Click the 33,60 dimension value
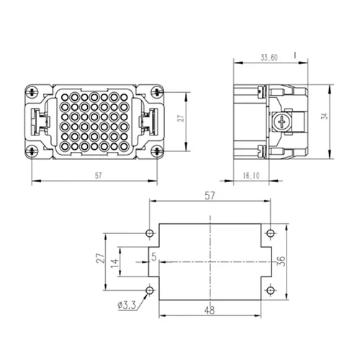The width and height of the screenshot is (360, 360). pyautogui.click(x=269, y=58)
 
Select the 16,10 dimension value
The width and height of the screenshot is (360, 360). pyautogui.click(x=251, y=176)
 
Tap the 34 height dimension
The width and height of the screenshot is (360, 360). pyautogui.click(x=325, y=116)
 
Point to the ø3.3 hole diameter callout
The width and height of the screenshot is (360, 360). pyautogui.click(x=127, y=305)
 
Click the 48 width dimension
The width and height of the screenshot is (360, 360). pyautogui.click(x=210, y=310)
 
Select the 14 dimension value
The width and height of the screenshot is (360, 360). pyautogui.click(x=114, y=262)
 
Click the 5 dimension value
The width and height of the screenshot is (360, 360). pyautogui.click(x=154, y=257)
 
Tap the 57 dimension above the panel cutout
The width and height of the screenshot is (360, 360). pyautogui.click(x=210, y=196)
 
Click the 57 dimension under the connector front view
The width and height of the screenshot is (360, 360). pyautogui.click(x=98, y=176)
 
